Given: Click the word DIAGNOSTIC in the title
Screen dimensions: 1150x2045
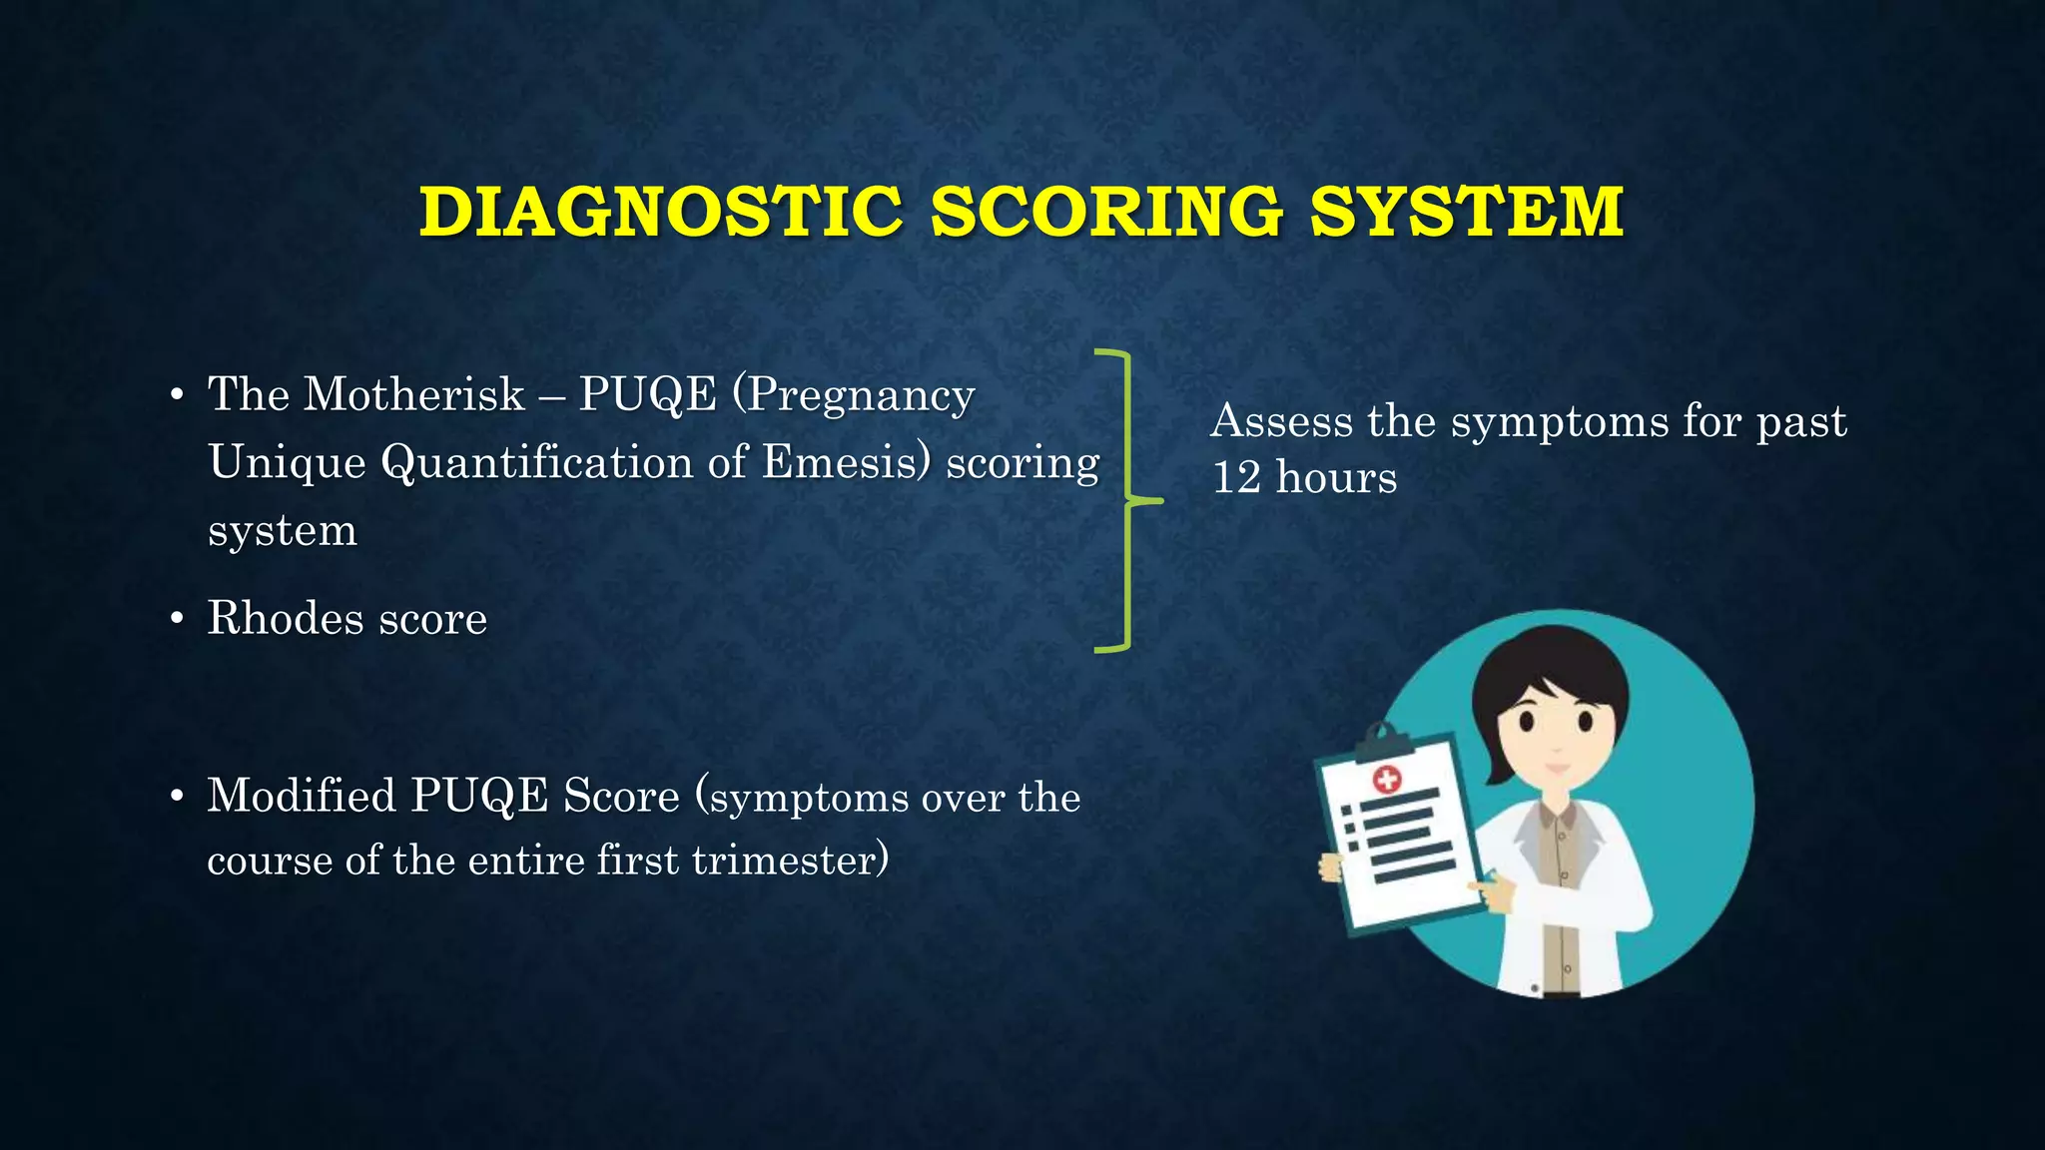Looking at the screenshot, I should [660, 212].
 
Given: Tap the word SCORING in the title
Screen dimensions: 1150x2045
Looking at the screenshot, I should [1106, 212].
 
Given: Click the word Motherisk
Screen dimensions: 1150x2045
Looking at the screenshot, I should [414, 394].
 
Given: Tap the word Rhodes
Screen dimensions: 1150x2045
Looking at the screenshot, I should [286, 618].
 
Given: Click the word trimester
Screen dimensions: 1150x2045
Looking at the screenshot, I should [789, 861].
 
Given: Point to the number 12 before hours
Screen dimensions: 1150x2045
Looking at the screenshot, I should [1237, 477].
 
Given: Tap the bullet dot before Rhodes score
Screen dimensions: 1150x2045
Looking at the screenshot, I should [177, 620].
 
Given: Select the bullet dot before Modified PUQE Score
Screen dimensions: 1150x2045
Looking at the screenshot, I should [177, 798].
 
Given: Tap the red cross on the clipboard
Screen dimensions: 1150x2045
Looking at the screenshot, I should [1387, 780].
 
